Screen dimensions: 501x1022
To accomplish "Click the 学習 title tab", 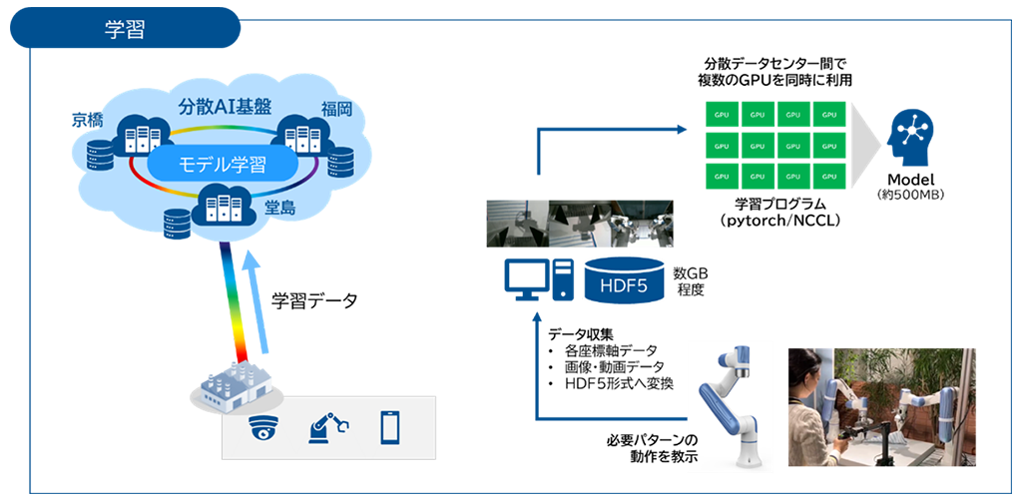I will pos(126,28).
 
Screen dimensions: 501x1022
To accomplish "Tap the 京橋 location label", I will pos(89,120).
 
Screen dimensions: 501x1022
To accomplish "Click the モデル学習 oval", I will pos(222,164).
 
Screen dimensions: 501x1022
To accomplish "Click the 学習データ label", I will pos(313,300).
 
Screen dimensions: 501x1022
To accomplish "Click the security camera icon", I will pos(263,427).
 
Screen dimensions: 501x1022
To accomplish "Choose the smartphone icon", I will pos(390,427).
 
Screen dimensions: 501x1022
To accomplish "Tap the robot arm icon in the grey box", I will pos(327,427).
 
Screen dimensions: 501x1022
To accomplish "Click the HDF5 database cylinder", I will pos(623,280).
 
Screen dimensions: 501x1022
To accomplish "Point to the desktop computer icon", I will pos(538,280).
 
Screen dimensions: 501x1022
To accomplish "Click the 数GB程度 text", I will pos(690,280).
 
